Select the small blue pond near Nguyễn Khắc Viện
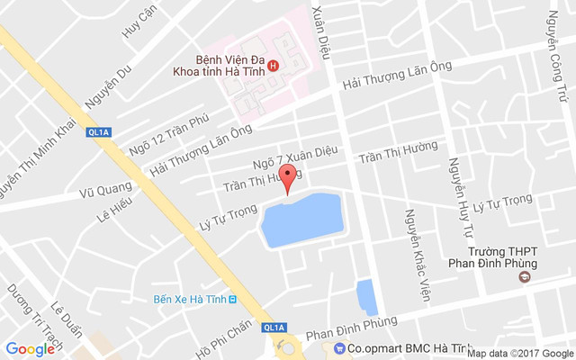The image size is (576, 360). pos(367,296)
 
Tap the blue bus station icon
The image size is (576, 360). pos(232,299)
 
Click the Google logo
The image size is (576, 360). pos(30,349)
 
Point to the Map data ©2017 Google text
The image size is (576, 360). pos(518,353)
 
